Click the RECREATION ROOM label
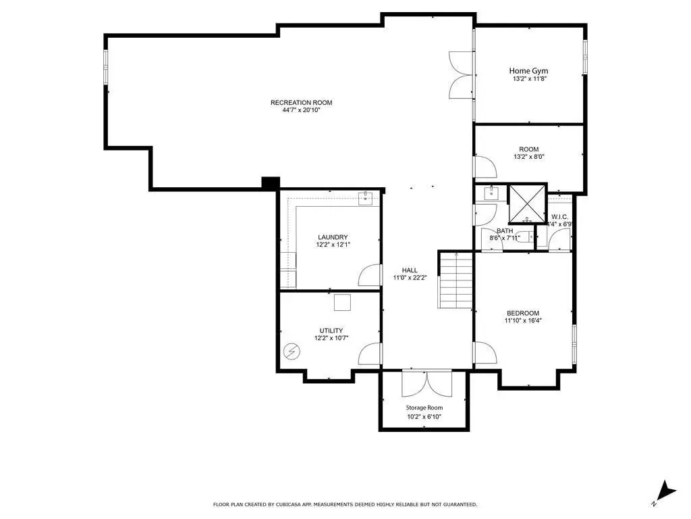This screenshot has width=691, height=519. click(x=302, y=103)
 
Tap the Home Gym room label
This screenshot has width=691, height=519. click(x=528, y=70)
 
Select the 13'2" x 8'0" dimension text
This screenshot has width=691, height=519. click(x=529, y=157)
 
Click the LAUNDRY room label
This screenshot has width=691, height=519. click(x=333, y=237)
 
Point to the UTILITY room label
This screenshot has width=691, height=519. click(x=331, y=330)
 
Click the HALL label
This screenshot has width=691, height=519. click(x=410, y=270)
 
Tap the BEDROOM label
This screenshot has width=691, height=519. click(x=523, y=313)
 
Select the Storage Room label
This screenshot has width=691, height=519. click(x=424, y=407)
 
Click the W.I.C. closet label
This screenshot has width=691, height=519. click(x=559, y=217)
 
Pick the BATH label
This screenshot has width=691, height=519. click(x=505, y=231)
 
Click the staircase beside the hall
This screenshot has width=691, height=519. click(x=455, y=280)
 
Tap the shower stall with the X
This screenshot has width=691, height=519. click(x=528, y=203)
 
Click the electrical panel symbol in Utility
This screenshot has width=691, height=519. click(x=292, y=351)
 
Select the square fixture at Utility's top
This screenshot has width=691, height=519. click(x=342, y=303)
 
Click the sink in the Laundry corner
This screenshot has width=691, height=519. click(x=365, y=199)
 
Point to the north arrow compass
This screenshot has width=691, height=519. click(x=664, y=492)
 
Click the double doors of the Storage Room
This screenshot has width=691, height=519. click(x=426, y=383)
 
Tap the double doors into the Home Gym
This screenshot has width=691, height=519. click(x=461, y=74)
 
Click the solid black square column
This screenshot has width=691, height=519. click(x=270, y=183)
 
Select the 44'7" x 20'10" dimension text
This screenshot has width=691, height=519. click(x=302, y=110)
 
